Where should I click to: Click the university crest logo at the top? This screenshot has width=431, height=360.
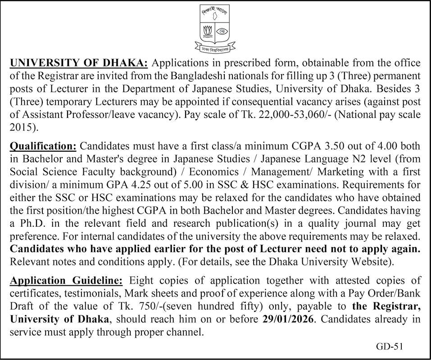point(215,26)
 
